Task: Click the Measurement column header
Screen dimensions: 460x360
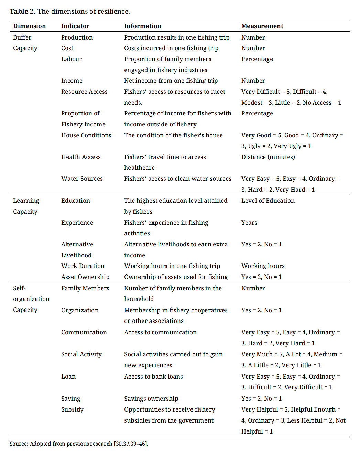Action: [x=262, y=26]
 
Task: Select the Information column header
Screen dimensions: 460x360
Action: [x=142, y=26]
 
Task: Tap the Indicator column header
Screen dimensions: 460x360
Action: [x=75, y=26]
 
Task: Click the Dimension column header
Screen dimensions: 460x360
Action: [x=29, y=26]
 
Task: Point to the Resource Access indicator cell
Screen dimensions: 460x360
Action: [x=84, y=92]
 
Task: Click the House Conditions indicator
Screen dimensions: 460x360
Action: [x=86, y=135]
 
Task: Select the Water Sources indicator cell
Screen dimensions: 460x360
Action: [x=82, y=179]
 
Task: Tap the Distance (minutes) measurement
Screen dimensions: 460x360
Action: [x=268, y=157]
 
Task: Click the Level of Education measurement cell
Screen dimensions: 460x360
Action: [x=268, y=201]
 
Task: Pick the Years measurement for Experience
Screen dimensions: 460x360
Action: [x=249, y=223]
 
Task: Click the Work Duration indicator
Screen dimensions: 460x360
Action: [x=83, y=266]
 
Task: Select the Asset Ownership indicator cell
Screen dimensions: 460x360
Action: [x=85, y=277]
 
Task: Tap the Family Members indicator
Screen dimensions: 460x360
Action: [x=85, y=288]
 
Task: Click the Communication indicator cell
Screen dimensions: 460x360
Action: [x=84, y=332]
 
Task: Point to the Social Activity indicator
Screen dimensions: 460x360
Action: [x=81, y=354]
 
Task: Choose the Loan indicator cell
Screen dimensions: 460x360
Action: [x=68, y=377]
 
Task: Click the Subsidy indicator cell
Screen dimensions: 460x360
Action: [x=72, y=409]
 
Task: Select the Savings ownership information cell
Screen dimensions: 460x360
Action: [x=151, y=399]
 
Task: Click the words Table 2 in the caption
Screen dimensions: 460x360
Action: [x=22, y=11]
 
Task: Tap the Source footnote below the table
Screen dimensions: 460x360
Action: [x=78, y=444]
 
